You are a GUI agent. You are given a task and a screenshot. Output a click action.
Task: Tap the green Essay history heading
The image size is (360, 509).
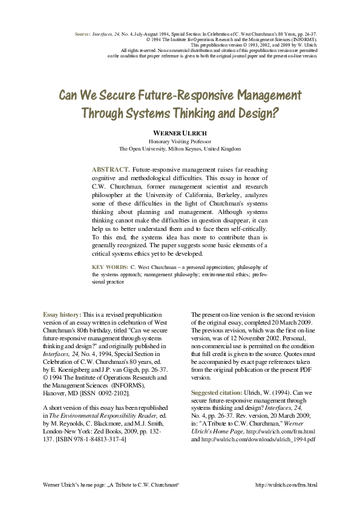[x=62, y=316]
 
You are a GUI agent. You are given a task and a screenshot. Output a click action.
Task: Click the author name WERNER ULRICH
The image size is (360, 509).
[x=180, y=132]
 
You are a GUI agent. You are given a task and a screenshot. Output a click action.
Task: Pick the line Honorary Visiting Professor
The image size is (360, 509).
[x=180, y=141]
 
